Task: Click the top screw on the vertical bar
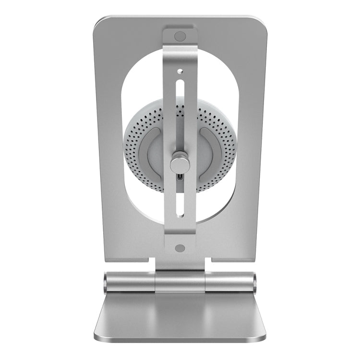[180, 36]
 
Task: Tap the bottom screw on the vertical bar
[180, 248]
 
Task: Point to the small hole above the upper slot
[180, 71]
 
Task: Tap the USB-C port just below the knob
[180, 178]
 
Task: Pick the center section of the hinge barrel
[180, 282]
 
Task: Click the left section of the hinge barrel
[131, 282]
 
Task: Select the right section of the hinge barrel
[229, 282]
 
